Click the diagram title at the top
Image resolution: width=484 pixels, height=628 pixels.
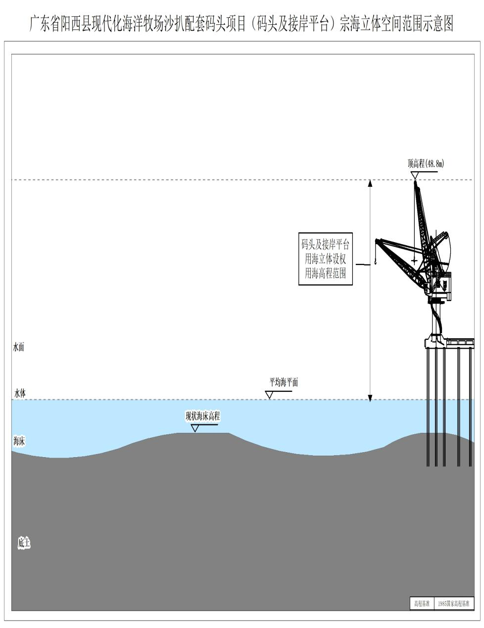(x=242, y=24)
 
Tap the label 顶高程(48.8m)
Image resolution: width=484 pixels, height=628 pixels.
(x=426, y=164)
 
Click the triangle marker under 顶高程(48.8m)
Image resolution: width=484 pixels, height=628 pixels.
(x=415, y=175)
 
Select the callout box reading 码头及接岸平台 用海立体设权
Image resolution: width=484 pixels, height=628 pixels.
(x=326, y=259)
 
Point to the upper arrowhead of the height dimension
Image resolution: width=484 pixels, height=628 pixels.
(x=370, y=183)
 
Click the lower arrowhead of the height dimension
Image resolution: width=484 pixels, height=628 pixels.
(x=370, y=397)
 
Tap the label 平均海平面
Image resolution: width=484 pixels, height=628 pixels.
(x=284, y=382)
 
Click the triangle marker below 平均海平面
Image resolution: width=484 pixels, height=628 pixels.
(x=269, y=395)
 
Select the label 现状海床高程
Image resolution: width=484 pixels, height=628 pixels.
(x=203, y=416)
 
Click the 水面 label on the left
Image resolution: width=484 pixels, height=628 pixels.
(x=18, y=347)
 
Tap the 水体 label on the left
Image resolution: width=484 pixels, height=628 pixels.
(x=20, y=393)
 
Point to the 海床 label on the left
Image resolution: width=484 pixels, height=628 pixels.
(x=19, y=441)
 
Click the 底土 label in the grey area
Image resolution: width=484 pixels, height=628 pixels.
(x=24, y=543)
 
